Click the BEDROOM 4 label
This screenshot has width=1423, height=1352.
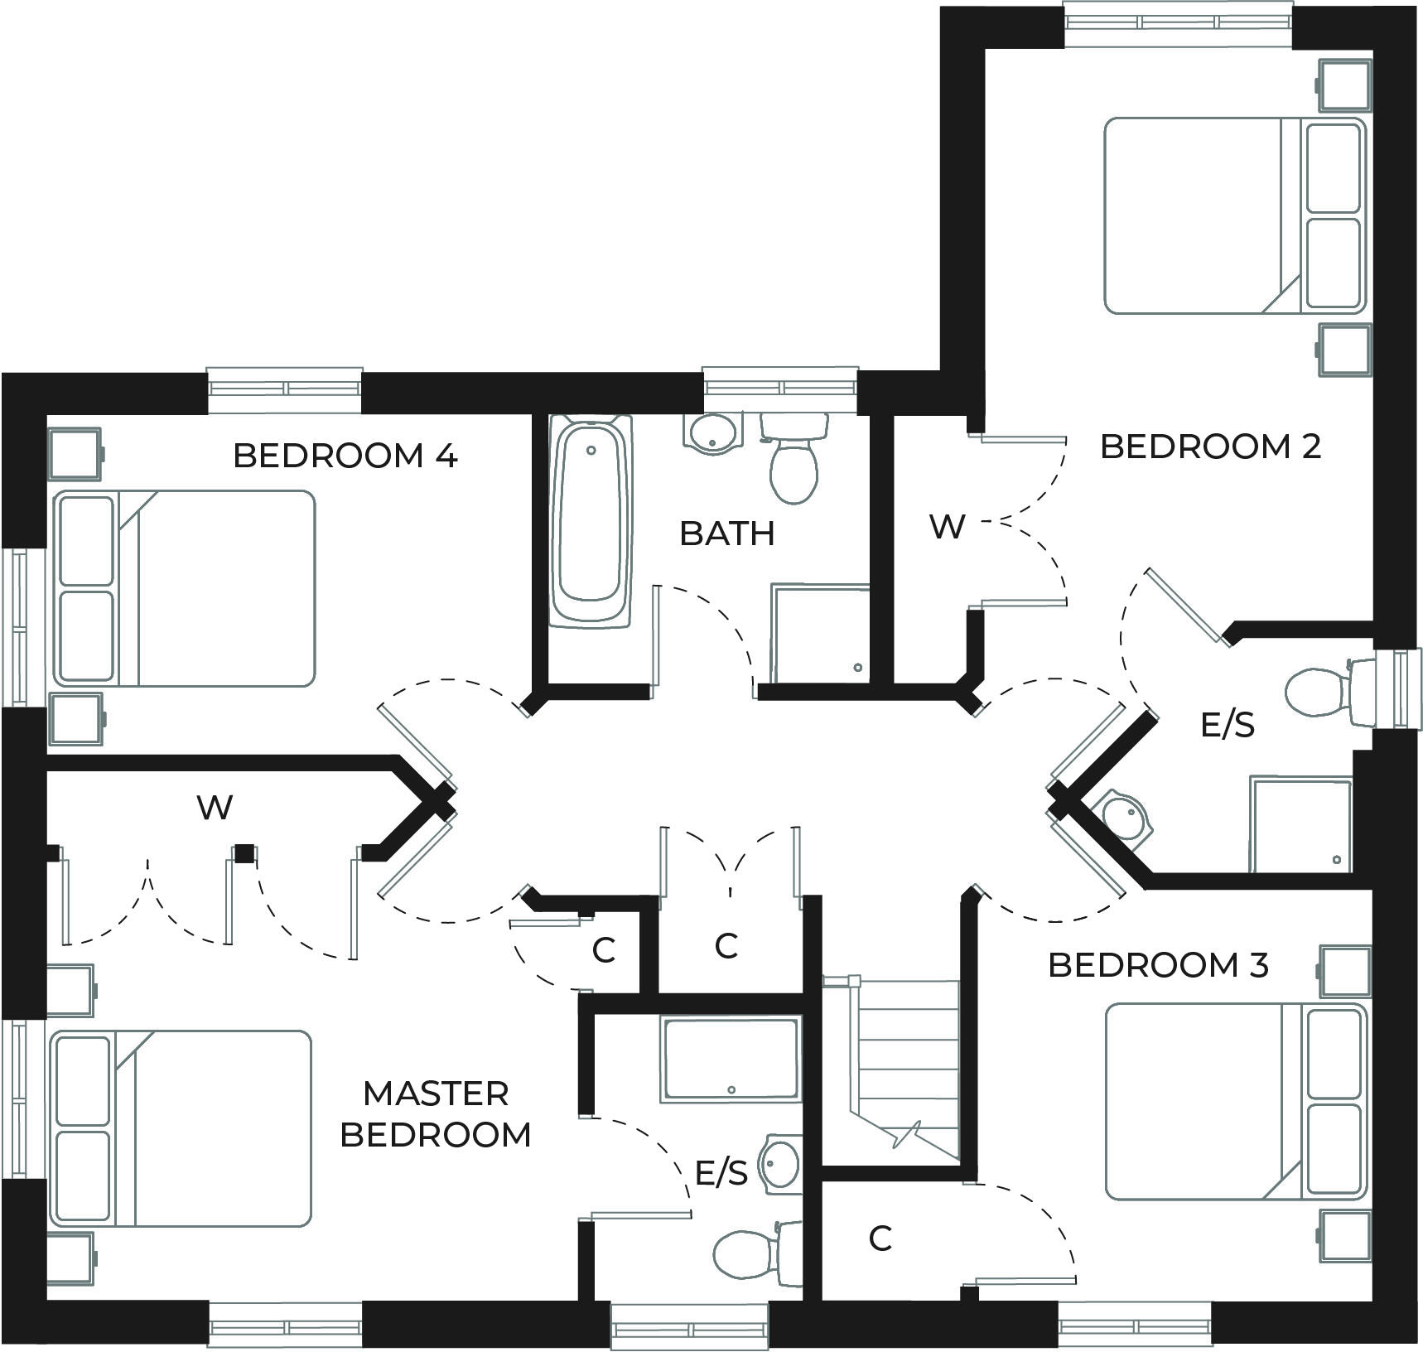[345, 456]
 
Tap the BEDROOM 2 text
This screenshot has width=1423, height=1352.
[1210, 447]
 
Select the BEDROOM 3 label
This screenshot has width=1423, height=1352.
[1158, 965]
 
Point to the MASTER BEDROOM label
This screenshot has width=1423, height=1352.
[436, 1114]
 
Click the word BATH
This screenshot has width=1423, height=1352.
[726, 534]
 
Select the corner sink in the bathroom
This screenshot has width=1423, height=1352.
[709, 434]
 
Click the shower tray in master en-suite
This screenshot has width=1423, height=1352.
[731, 1060]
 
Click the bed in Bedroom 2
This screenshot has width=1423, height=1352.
[1234, 216]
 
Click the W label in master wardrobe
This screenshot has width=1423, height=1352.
[215, 807]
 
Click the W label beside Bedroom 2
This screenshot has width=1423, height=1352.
[948, 527]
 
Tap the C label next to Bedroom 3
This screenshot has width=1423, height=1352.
[880, 1239]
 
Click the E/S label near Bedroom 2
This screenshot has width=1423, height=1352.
[1228, 726]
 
